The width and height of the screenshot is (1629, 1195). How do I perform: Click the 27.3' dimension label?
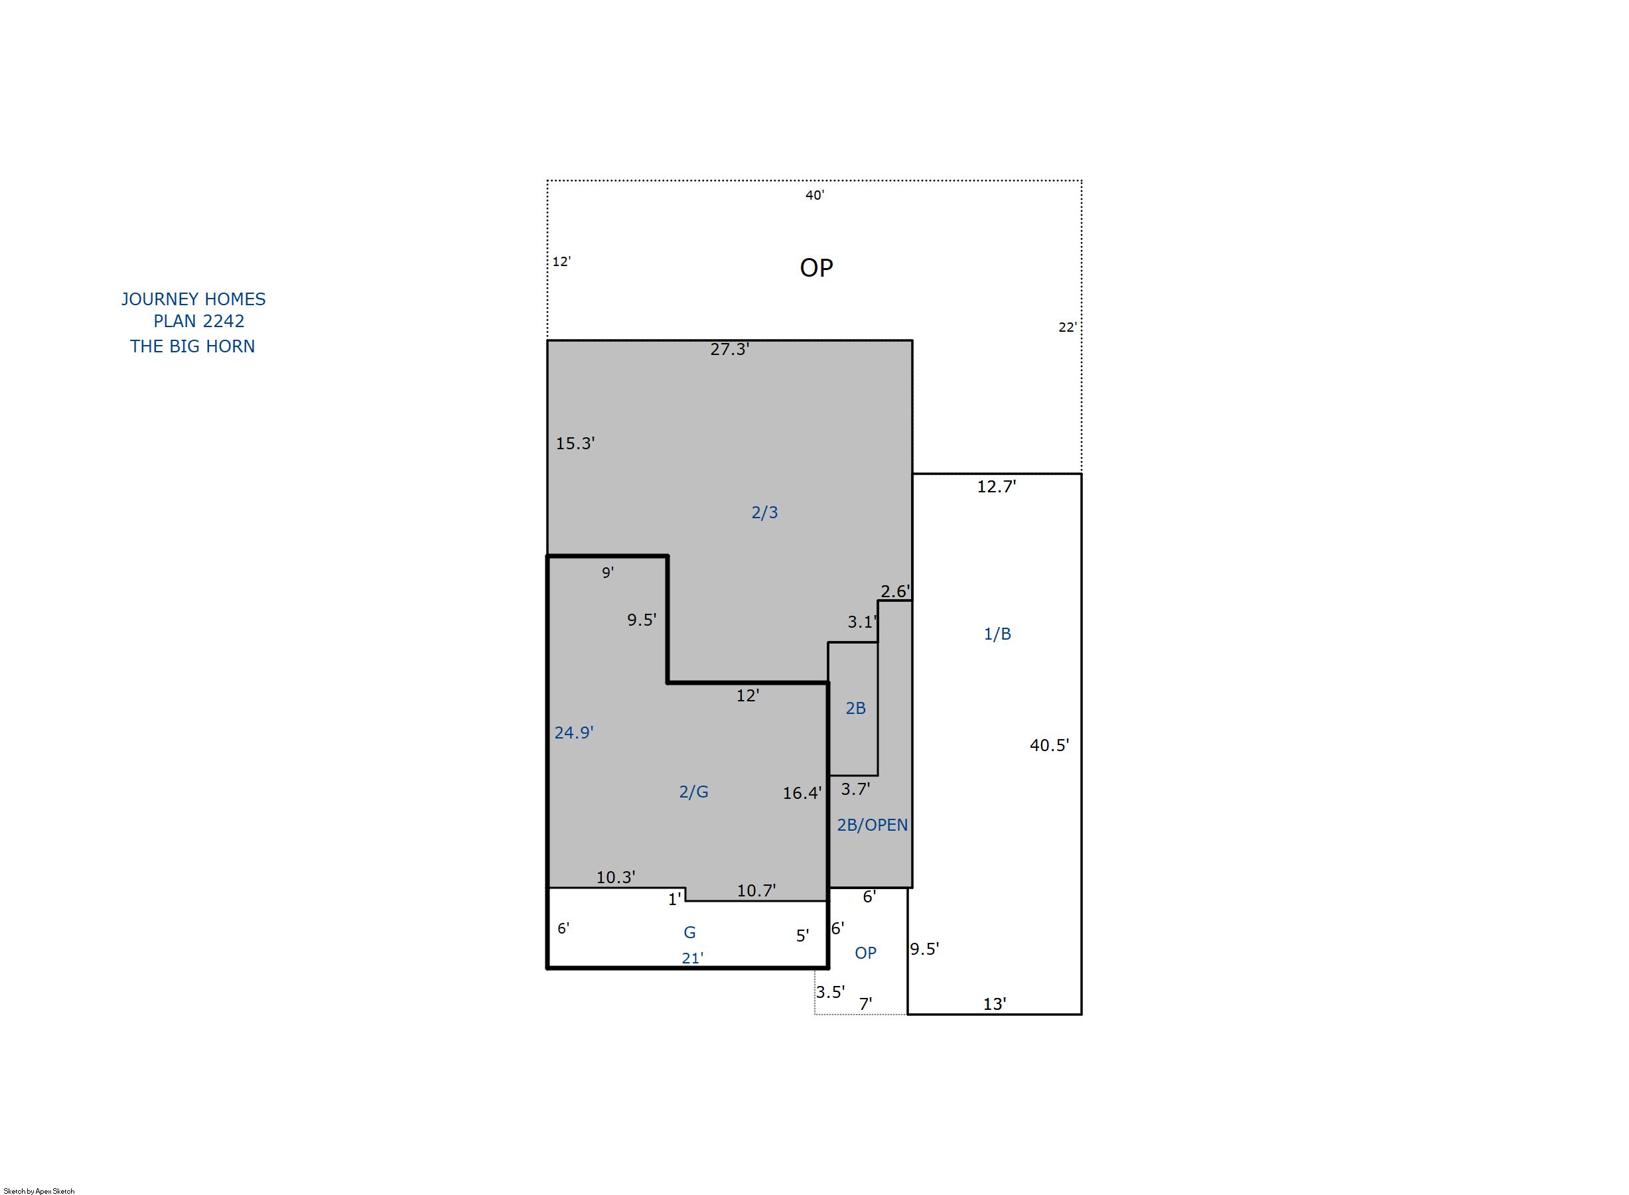(x=729, y=350)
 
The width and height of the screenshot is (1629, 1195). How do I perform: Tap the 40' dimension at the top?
(x=815, y=194)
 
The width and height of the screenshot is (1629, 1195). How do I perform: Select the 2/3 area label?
(x=764, y=512)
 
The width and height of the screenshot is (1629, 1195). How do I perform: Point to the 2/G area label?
(x=693, y=792)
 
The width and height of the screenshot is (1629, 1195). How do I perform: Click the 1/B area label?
(x=997, y=634)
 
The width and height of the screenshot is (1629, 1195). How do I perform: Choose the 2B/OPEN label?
(x=873, y=825)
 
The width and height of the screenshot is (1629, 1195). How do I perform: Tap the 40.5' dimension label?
(x=1050, y=745)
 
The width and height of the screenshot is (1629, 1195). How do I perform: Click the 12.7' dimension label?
(x=997, y=486)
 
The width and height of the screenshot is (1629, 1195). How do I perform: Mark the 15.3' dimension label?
(x=575, y=443)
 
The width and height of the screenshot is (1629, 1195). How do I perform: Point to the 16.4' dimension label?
(x=802, y=793)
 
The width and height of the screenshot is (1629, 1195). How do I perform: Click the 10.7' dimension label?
(x=756, y=890)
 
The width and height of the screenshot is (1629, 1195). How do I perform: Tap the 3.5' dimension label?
(x=830, y=992)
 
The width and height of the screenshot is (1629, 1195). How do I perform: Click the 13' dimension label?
(x=995, y=1004)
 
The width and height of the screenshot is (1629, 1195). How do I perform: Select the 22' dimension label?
(x=1068, y=327)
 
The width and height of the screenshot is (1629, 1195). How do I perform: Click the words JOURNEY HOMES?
(x=193, y=299)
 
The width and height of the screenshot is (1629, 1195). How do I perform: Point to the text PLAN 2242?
(x=199, y=321)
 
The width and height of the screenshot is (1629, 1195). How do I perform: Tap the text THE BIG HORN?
(x=192, y=346)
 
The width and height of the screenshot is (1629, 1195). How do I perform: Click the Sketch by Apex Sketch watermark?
(x=39, y=1190)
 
